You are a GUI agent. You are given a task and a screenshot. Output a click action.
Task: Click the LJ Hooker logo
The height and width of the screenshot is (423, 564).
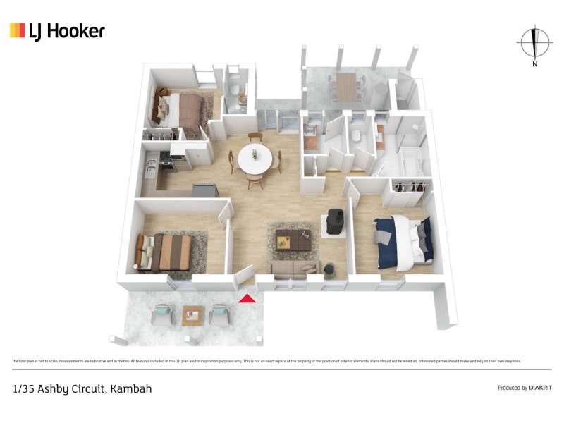[57, 30]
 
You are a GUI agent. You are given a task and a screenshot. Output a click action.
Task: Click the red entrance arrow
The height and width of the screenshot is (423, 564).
[246, 298]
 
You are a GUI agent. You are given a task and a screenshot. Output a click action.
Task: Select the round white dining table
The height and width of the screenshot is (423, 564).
[254, 159]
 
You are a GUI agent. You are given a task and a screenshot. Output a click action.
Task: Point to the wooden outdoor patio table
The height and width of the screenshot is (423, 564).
[346, 87]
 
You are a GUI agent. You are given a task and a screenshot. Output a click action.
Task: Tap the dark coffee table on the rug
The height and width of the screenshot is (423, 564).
[293, 239]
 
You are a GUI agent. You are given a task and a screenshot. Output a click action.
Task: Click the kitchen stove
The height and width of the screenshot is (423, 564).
[166, 164]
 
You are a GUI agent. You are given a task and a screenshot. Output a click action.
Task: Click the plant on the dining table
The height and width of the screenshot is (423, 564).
[254, 153]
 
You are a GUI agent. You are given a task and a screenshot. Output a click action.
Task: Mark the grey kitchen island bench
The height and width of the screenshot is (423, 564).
[205, 190]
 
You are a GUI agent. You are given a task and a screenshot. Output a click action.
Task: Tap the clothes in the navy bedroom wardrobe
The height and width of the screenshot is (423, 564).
[409, 187]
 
